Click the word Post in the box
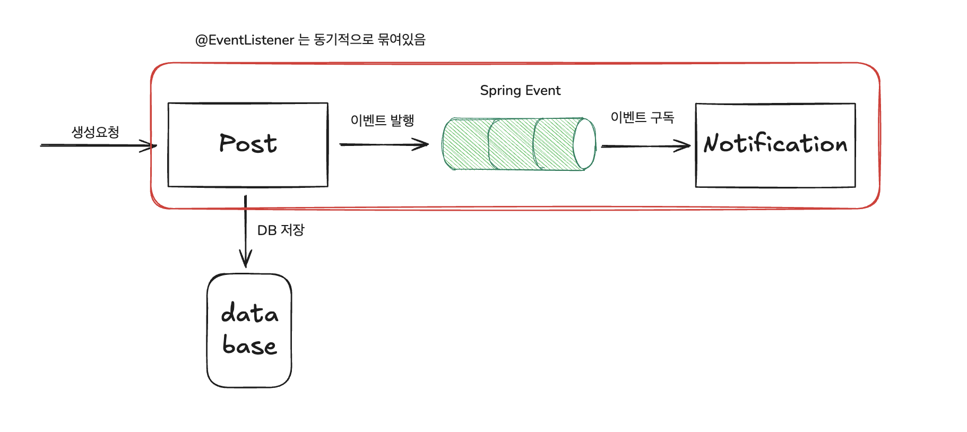pos(248,144)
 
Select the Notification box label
pos(775,144)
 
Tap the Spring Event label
pos(520,91)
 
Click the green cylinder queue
pos(510,144)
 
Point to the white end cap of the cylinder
pos(585,144)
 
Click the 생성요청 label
pos(96,132)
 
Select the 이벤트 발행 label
pos(382,120)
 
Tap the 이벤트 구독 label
pos(642,117)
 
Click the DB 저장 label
pos(281,230)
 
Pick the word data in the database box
pos(249,313)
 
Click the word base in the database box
pos(249,345)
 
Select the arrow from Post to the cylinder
pos(384,144)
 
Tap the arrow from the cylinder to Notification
pos(645,146)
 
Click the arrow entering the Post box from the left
pos(98,145)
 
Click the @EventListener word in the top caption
pos(245,40)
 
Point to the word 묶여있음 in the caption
pos(402,40)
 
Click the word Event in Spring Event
pos(543,91)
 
